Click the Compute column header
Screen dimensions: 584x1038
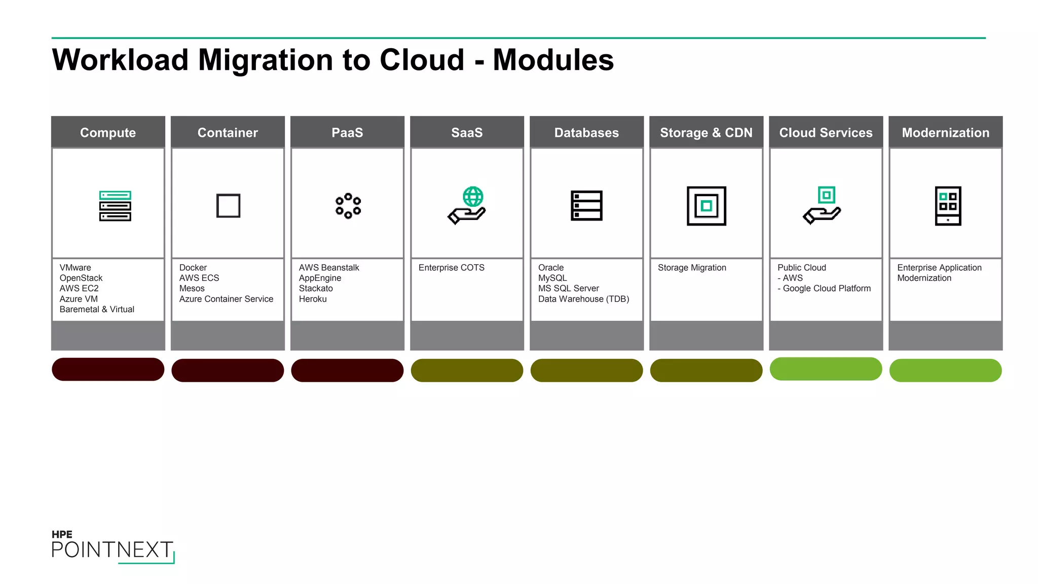coord(108,132)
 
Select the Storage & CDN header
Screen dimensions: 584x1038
coord(706,132)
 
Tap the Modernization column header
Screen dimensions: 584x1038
coord(945,132)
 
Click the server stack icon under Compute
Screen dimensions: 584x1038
coord(115,206)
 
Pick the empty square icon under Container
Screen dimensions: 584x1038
coord(228,206)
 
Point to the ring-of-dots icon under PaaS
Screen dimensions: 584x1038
coord(348,206)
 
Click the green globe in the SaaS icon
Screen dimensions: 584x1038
coord(473,197)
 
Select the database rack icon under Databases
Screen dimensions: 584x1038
coord(586,206)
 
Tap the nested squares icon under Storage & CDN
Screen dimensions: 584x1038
coord(706,206)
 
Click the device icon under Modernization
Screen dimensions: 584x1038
coord(948,206)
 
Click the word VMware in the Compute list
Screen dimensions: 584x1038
coord(76,268)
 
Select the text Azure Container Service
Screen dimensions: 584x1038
coord(226,299)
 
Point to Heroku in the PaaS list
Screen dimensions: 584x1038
coord(313,299)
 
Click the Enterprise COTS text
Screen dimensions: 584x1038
coord(451,268)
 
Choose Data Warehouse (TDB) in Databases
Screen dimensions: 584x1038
coord(583,299)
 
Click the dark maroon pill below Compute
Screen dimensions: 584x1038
coord(108,370)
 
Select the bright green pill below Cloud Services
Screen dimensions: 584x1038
coord(826,369)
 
